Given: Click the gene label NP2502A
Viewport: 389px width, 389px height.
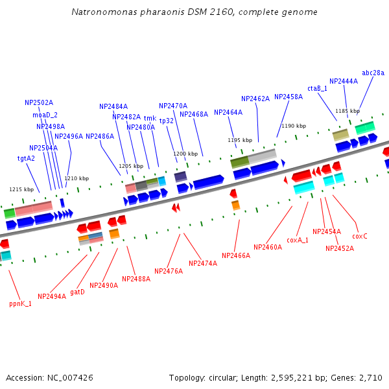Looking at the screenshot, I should coord(39,102).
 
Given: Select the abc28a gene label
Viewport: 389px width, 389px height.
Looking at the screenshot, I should coord(373,73).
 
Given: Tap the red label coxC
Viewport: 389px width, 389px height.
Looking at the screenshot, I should coord(360,236).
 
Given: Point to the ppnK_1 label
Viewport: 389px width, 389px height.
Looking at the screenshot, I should coord(20,303).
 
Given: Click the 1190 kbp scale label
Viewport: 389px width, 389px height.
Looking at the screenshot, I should coord(294,126).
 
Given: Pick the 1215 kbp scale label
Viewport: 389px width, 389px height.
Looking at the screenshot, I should coord(21,189).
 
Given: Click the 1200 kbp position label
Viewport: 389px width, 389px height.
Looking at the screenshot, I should coord(185,154).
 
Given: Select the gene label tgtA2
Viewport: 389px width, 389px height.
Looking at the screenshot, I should coord(26,158).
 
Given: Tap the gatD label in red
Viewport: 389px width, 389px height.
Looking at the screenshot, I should coord(77,292).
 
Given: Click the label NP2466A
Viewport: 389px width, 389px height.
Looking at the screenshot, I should coord(236,256).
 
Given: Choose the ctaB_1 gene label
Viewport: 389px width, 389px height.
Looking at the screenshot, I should coord(318,88).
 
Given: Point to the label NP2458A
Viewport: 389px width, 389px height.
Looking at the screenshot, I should coord(289,97).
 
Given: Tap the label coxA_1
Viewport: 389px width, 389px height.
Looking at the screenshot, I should coord(298,240).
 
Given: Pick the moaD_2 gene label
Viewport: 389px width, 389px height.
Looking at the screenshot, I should coord(45,115).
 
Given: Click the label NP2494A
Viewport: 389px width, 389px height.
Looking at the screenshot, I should coord(52,296).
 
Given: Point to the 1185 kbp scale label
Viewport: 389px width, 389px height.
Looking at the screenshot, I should coord(348,111).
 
